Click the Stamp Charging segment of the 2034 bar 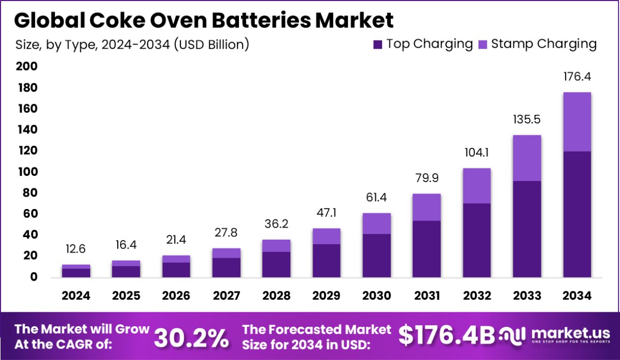pos(577,122)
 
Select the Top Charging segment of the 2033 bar pos(527,229)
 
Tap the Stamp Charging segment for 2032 pos(477,186)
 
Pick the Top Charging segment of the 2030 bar pos(376,255)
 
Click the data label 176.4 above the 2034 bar pos(577,77)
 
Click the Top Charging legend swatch pos(377,44)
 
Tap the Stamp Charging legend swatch pos(482,44)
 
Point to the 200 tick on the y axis pos(26,66)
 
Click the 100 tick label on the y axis pos(26,172)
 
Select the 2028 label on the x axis pos(276,296)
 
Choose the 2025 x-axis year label pos(126,296)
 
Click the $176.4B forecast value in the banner pos(447,336)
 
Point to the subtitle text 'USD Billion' pos(211,45)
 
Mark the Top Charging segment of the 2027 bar pos(226,267)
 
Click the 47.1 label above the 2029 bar pos(326,213)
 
